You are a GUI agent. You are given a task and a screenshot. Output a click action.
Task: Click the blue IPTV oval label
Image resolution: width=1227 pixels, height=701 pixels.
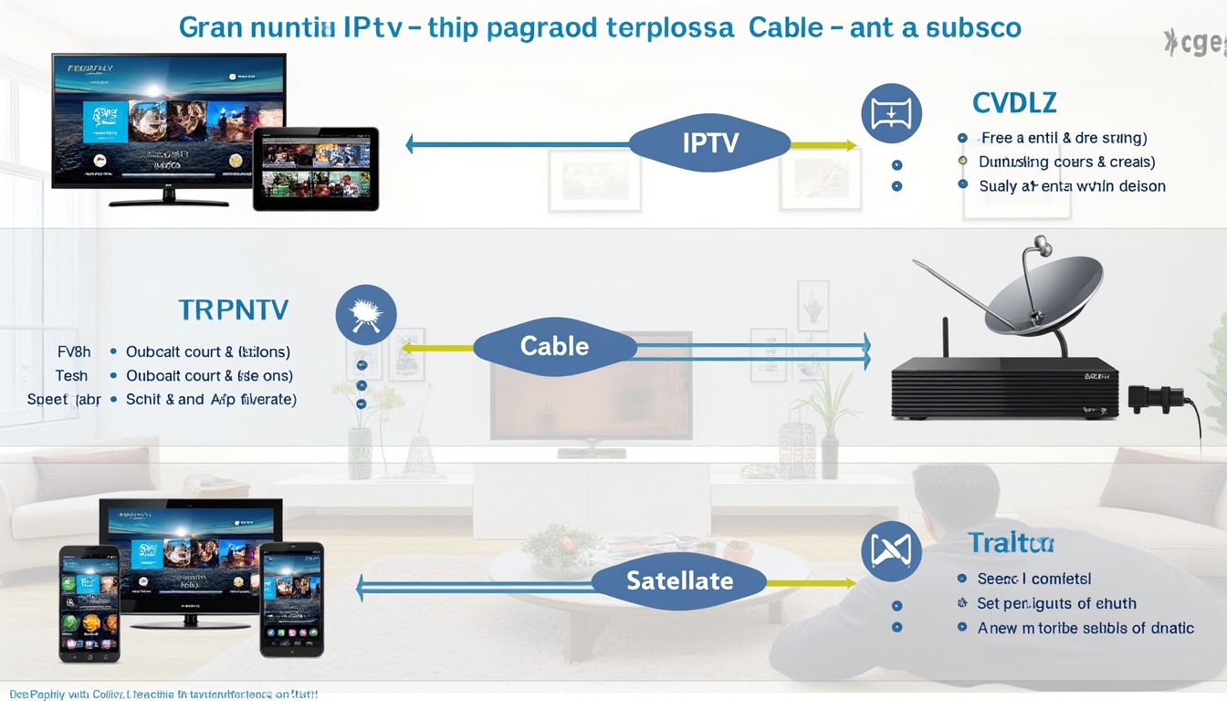[x=709, y=142]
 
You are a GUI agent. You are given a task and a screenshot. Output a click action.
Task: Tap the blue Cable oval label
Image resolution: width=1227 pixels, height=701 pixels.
[x=554, y=346]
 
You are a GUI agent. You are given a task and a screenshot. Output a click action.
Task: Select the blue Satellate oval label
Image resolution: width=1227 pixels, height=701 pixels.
[x=679, y=581]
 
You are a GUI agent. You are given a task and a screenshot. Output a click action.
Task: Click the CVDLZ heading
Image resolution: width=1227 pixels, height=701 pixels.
[x=1014, y=103]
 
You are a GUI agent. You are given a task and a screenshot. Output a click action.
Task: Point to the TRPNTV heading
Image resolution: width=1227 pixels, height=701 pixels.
[x=234, y=310]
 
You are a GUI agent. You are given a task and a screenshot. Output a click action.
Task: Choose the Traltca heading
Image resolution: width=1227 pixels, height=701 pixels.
[x=1011, y=544]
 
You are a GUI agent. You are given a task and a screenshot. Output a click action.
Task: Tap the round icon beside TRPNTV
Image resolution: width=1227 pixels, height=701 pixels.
[x=366, y=315]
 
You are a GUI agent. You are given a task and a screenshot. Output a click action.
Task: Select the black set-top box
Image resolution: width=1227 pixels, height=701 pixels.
[x=1004, y=387]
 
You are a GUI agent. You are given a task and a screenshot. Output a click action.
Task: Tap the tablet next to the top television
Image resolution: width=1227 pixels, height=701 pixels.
[x=316, y=169]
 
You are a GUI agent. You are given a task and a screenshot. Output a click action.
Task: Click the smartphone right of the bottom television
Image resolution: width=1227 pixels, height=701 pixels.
[x=291, y=599]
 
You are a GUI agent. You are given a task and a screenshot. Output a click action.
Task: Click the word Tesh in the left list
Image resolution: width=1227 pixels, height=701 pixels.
[x=71, y=375]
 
